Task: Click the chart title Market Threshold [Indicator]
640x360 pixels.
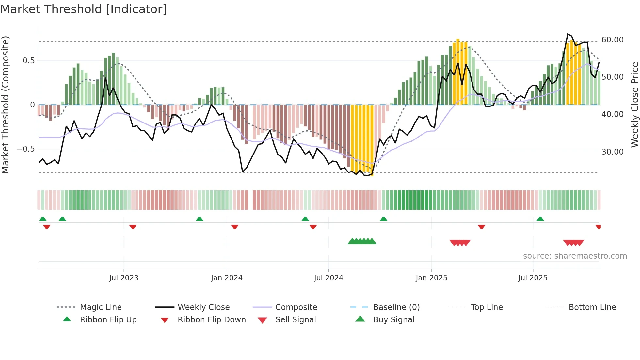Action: (84, 9)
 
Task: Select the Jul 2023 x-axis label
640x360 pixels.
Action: (124, 278)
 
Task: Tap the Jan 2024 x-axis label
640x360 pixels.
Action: (227, 278)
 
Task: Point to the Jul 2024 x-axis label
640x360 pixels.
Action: (328, 278)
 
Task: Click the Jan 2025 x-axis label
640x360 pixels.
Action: (431, 278)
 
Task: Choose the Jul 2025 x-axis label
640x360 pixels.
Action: (533, 278)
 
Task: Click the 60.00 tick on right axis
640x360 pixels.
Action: (612, 40)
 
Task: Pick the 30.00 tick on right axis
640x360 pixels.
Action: (612, 152)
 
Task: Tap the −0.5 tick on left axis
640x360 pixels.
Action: (25, 149)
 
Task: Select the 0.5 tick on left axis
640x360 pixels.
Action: (28, 61)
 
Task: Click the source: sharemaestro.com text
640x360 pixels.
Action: (575, 256)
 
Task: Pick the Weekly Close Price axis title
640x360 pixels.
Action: (634, 105)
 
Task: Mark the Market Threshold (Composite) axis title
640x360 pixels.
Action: (5, 105)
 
